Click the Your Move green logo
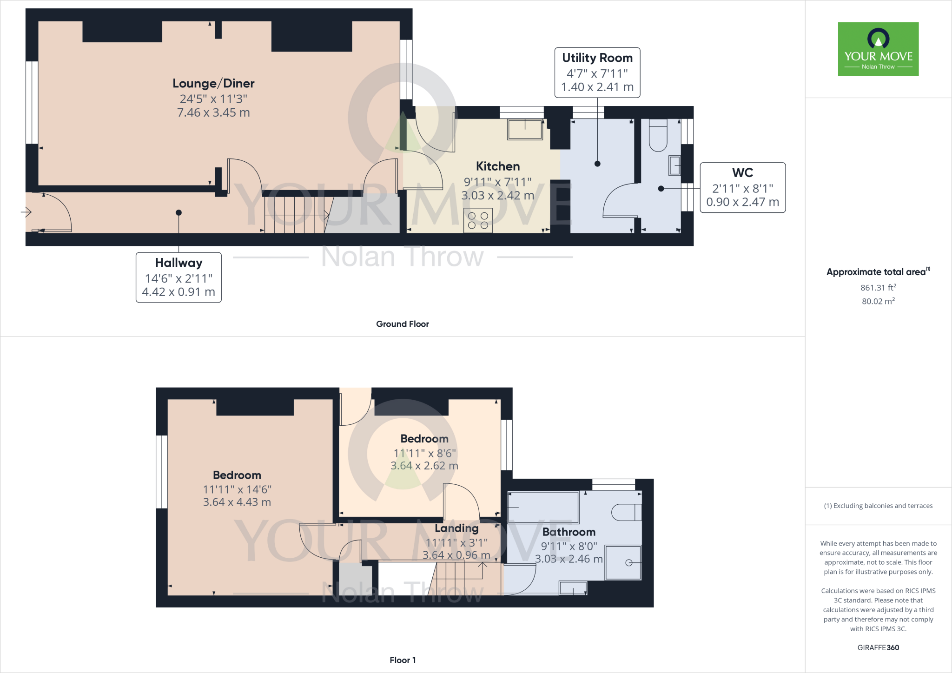click(878, 49)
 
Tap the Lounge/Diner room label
click(213, 84)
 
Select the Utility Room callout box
click(597, 73)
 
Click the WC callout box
click(742, 187)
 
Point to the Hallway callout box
click(178, 277)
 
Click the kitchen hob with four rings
click(478, 220)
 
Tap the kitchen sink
click(525, 130)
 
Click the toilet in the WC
click(658, 135)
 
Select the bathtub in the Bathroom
click(543, 508)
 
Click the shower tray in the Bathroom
click(623, 562)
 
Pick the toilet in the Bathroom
click(627, 512)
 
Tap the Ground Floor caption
click(402, 324)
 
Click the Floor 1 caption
click(403, 660)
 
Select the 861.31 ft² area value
click(878, 288)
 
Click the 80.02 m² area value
click(878, 301)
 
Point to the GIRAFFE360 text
click(878, 647)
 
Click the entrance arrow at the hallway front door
click(26, 212)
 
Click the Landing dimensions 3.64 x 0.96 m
click(456, 555)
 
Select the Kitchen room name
click(498, 166)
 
